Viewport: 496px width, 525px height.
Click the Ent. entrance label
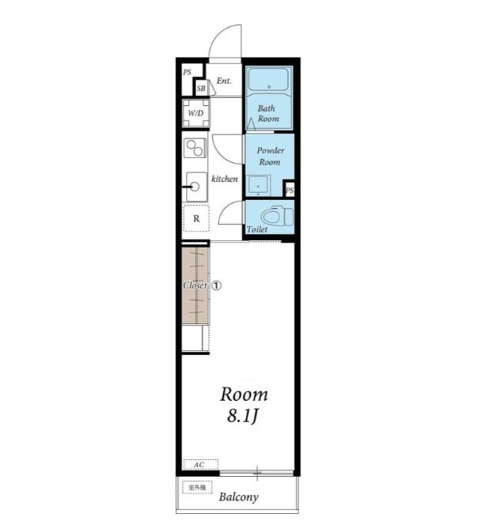coord(224,81)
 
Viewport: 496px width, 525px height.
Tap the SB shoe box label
coord(201,89)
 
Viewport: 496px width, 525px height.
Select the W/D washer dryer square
coord(195,113)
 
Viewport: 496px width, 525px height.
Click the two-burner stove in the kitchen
coord(195,148)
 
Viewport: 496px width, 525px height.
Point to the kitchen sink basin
coord(197,187)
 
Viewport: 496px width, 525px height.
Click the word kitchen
coord(225,179)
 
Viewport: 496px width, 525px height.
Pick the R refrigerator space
coord(196,219)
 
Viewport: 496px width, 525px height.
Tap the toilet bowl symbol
coord(278,216)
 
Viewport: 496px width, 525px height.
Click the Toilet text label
coord(257,229)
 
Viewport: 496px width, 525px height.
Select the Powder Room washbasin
coord(258,185)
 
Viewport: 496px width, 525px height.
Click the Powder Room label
coord(271,156)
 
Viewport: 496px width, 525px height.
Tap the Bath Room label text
coord(268,114)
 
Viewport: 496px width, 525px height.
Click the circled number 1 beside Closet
coord(216,285)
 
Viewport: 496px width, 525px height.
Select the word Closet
coord(195,285)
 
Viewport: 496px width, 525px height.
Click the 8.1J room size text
coord(243,416)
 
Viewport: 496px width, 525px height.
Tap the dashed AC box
coord(201,465)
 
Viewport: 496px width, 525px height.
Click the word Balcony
coord(239,497)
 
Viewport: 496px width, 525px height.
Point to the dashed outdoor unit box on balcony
coord(197,488)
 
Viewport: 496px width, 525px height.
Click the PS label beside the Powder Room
coord(290,191)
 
